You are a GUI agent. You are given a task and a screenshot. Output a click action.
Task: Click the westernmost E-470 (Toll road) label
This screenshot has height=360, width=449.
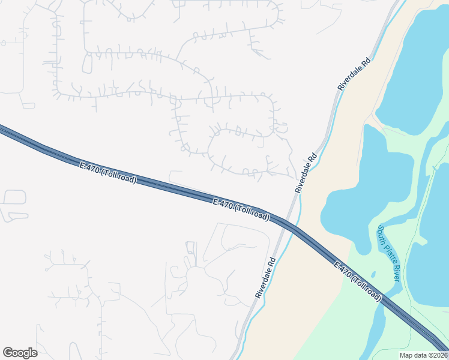coord(108,172)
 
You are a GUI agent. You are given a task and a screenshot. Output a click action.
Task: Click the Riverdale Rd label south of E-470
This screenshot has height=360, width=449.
coord(265,278)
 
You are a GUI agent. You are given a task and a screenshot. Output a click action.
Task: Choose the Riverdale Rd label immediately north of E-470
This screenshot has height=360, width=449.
coord(306,172)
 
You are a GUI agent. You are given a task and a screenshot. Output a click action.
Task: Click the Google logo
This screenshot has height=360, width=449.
coord(20,353)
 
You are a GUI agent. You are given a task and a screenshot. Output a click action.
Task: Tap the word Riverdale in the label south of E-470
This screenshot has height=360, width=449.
coord(262,283)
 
